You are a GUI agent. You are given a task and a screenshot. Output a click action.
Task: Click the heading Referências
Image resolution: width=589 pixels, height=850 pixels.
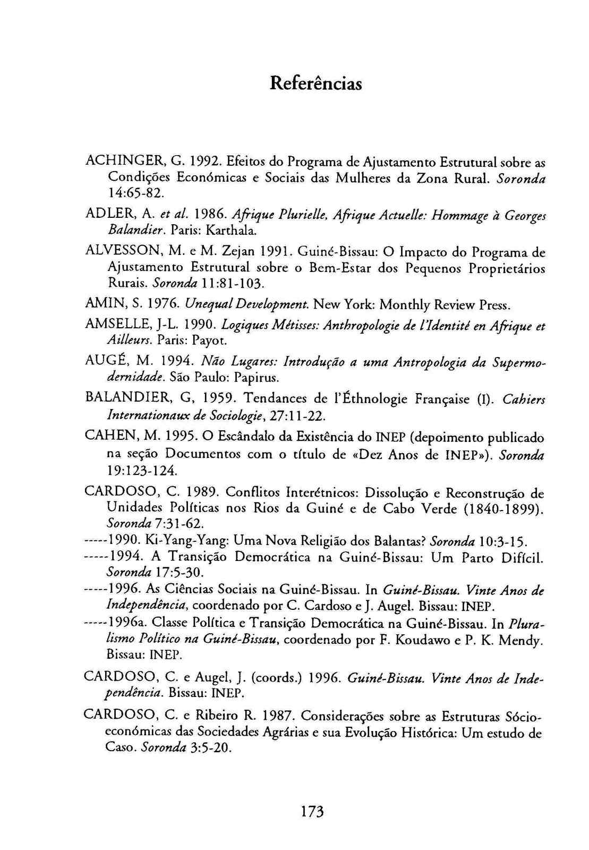click(x=315, y=83)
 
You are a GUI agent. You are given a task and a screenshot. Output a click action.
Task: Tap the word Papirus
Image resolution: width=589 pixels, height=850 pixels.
click(x=257, y=378)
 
